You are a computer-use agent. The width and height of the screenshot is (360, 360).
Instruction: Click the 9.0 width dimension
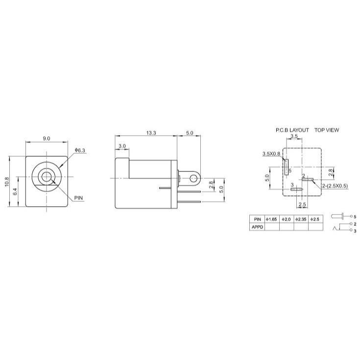coord(47,139)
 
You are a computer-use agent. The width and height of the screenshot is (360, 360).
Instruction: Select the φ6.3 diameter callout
coord(80,150)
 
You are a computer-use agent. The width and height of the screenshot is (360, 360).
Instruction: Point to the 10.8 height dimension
coord(7,181)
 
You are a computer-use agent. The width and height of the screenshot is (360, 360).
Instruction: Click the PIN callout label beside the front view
coord(79,198)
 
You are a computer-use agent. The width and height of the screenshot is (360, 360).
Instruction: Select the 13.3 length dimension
coord(151,133)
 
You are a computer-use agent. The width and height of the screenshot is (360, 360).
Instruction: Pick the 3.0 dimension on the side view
coord(122,146)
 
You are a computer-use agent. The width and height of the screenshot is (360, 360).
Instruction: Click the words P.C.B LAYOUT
coord(292,130)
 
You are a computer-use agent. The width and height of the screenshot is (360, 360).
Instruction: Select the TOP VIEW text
coord(326,130)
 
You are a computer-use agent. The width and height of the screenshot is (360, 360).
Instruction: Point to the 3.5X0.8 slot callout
coord(271,154)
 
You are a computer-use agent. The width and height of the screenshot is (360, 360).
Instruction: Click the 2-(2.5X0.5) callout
coord(336,186)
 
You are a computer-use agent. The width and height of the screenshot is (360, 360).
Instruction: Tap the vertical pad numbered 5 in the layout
coord(286,167)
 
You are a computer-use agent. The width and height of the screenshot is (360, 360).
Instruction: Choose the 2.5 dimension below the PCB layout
coord(302,204)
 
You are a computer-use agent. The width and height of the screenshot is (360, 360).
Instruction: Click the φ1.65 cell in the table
coord(271,219)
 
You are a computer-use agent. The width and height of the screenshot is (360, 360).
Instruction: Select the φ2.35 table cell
coord(301,219)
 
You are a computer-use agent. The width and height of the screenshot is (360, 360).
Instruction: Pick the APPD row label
coord(257,227)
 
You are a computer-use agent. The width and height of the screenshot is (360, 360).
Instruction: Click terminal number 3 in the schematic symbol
coord(355,230)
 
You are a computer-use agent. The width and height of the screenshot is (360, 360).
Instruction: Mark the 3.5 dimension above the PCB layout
coord(294,136)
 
